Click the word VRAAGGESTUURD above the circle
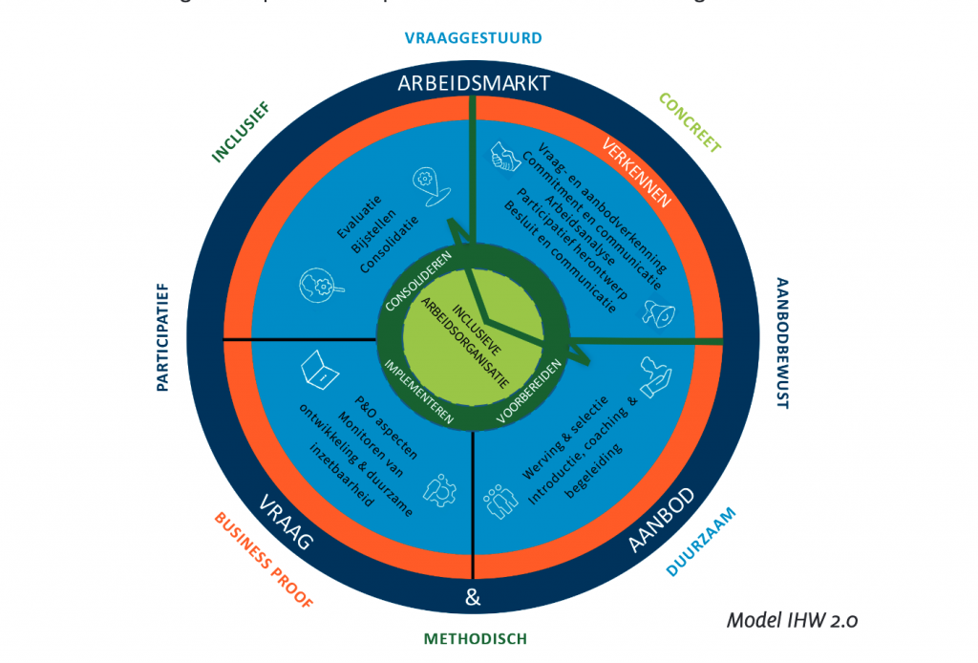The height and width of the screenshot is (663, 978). click(x=473, y=38)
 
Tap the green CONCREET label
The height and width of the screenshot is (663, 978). click(x=690, y=122)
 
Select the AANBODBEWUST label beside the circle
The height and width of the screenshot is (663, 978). click(x=782, y=344)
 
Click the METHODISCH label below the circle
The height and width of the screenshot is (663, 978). click(x=475, y=639)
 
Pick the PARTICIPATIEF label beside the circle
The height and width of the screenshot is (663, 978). click(x=162, y=335)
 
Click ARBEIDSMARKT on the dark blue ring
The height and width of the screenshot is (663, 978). click(x=474, y=83)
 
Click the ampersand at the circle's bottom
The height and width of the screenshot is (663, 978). click(x=472, y=599)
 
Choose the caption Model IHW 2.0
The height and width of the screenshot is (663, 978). click(x=792, y=619)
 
